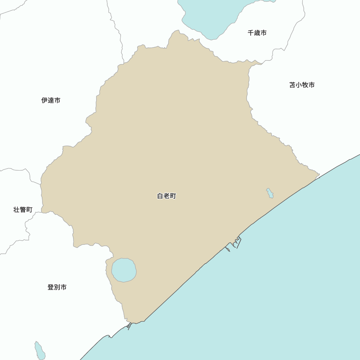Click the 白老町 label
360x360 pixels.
(167, 196)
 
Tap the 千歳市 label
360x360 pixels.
(257, 33)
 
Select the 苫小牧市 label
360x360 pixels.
(302, 85)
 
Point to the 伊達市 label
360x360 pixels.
(51, 100)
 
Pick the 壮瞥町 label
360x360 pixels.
(23, 210)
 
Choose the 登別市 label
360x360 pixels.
(57, 287)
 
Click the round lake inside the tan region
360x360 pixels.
(124, 270)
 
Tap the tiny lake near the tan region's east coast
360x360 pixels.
(270, 193)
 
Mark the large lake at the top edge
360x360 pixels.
(212, 16)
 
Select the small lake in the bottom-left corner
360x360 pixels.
(40, 350)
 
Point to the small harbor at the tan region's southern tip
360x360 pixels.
(129, 326)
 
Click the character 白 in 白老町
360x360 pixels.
(160, 196)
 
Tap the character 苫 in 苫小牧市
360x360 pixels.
(292, 85)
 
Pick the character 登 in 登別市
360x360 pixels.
(51, 287)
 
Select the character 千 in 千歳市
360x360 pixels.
(251, 33)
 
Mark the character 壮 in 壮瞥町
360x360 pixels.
(17, 210)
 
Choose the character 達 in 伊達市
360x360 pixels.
(51, 100)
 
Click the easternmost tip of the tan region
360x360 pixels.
(319, 175)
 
